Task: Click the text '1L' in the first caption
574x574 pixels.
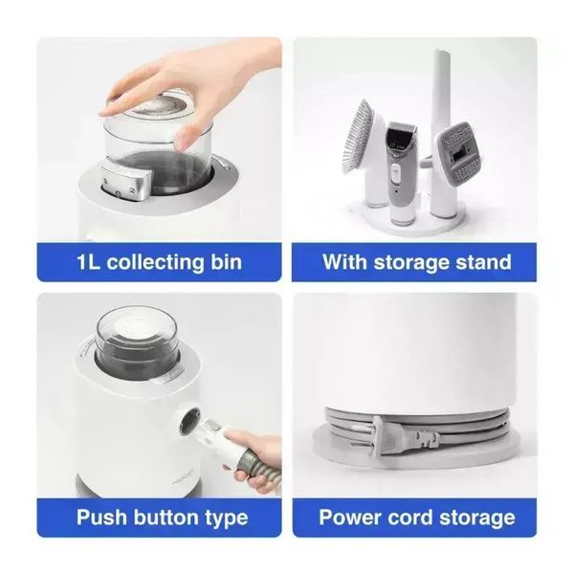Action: (88, 262)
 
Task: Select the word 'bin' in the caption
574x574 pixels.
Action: (226, 262)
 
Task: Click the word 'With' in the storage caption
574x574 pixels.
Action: (343, 261)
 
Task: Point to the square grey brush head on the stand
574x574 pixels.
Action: (457, 150)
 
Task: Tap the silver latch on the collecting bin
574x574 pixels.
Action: (125, 180)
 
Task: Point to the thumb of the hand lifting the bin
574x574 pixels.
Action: (186, 139)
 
